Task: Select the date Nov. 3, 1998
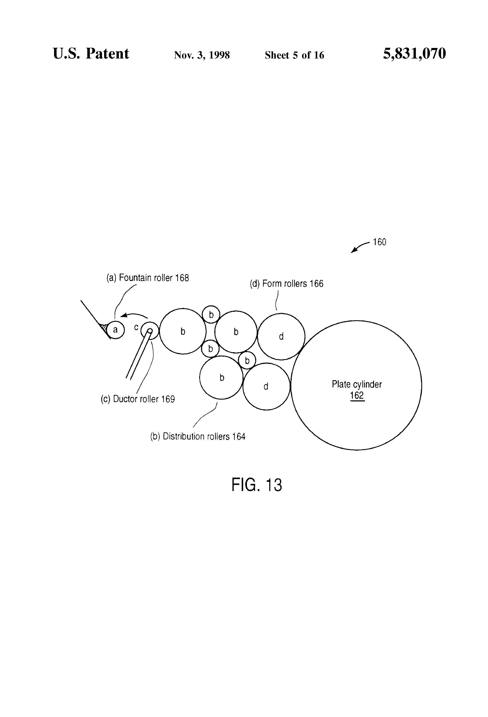(202, 55)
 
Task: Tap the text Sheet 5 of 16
(294, 55)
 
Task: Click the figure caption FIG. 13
(256, 485)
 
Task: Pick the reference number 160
(379, 242)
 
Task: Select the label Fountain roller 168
(147, 278)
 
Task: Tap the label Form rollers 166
(286, 284)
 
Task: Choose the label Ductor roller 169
(138, 399)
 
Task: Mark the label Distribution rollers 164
(198, 437)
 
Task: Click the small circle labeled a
(115, 330)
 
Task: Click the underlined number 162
(357, 396)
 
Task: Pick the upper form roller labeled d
(281, 336)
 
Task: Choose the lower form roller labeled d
(266, 386)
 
